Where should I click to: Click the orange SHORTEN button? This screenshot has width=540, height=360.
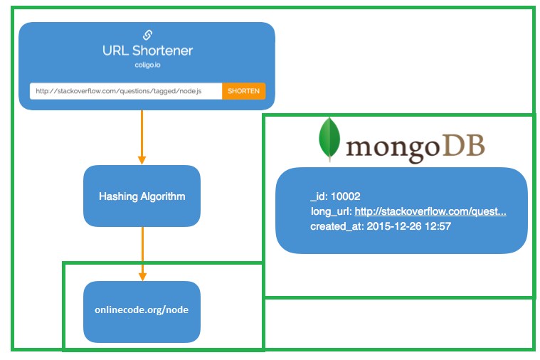[x=243, y=91]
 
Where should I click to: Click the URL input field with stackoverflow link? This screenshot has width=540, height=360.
[x=126, y=91]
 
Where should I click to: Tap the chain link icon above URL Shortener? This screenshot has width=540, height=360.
[x=147, y=35]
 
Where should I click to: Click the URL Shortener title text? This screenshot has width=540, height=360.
[x=147, y=51]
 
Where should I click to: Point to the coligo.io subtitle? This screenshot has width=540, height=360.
[x=147, y=65]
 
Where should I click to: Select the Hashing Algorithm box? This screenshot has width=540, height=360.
[x=142, y=196]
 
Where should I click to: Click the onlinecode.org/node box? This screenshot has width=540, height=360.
[x=142, y=311]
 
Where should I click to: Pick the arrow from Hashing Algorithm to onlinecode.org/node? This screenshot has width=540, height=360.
[x=142, y=253]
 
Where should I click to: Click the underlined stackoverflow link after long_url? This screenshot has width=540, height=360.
[x=430, y=212]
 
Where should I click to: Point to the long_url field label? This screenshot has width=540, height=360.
[x=330, y=212]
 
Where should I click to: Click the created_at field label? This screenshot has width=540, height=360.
[x=335, y=226]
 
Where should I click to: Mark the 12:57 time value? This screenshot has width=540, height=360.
[x=438, y=226]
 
